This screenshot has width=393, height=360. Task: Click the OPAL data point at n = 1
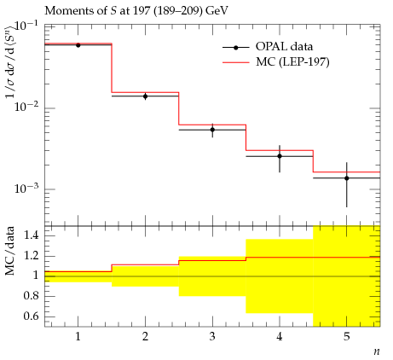78,45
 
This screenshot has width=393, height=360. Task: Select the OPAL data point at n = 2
145,96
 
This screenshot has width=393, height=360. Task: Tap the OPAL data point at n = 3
212,130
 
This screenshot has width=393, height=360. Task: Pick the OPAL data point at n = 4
280,156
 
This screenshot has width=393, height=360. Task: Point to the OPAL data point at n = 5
347,178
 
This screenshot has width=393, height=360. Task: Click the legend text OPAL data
284,47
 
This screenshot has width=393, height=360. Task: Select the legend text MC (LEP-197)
292,62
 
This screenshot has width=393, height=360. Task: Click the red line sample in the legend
236,62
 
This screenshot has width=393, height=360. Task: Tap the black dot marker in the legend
236,48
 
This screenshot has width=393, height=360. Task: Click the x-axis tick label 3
212,337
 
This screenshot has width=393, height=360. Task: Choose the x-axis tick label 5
347,337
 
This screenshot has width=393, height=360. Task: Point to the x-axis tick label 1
78,337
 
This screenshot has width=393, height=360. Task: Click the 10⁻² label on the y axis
26,107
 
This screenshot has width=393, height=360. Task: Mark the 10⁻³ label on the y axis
26,188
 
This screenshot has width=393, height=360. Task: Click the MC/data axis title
10,251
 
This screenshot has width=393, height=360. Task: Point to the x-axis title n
377,351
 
